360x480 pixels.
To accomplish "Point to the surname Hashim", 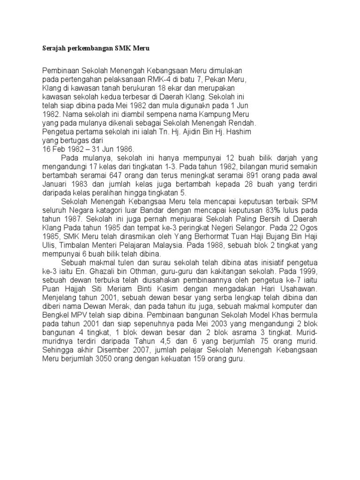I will click(x=239, y=132).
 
